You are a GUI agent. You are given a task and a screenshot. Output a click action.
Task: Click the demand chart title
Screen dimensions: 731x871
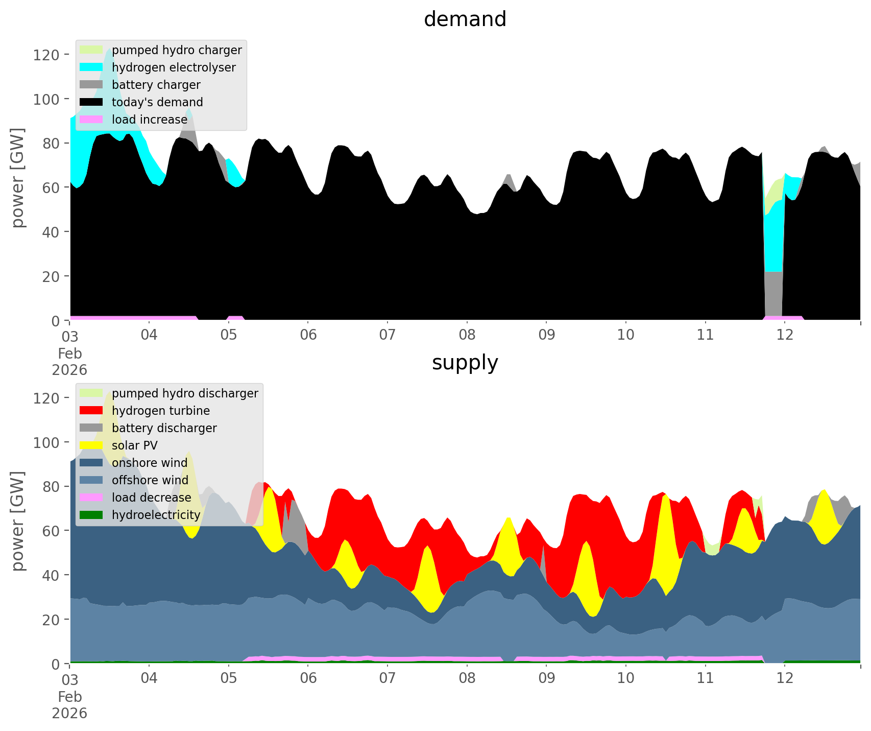pos(465,19)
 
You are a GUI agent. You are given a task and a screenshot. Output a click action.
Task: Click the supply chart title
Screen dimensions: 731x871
pos(465,363)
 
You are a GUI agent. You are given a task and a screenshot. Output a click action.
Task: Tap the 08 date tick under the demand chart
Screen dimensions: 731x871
pos(467,335)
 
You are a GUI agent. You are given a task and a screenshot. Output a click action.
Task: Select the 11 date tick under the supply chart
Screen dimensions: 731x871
pos(705,678)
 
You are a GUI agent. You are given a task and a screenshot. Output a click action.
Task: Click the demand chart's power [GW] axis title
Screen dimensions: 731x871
pos(18,177)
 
